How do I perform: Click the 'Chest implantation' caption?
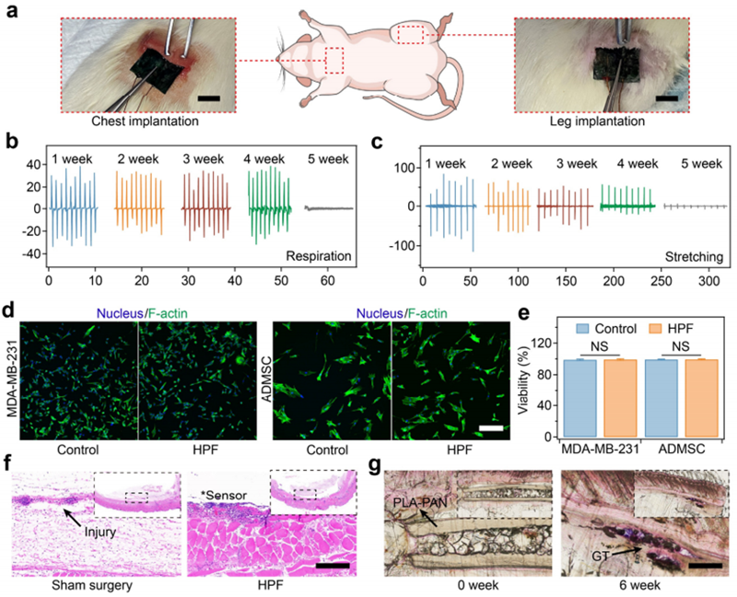click(128, 120)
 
